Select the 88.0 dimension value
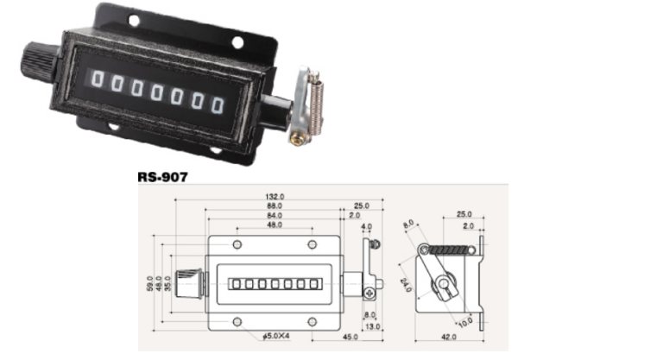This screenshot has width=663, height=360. pos(275,205)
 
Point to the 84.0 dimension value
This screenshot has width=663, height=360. pos(275,215)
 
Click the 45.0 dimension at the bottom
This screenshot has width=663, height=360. pos(352,336)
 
